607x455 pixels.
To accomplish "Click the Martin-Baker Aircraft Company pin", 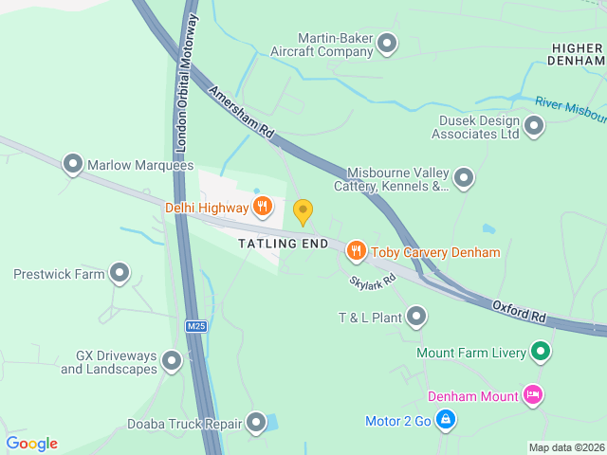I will [387, 43].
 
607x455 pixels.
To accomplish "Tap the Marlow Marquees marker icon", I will [73, 165].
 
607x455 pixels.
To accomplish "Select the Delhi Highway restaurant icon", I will [263, 206].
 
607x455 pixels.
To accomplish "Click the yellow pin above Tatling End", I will [303, 212].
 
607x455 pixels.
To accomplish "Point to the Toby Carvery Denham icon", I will [357, 251].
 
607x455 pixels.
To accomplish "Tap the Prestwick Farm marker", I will [120, 274].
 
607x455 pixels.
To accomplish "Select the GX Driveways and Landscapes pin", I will [172, 361].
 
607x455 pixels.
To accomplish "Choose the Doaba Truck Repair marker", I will [256, 423].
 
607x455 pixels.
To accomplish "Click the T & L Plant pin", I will [416, 317].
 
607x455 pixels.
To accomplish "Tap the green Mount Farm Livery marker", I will [541, 354].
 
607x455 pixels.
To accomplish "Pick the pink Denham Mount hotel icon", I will [532, 395].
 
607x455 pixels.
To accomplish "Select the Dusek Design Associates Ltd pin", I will [534, 126].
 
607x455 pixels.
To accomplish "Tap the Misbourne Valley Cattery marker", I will [464, 177].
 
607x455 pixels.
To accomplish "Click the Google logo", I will [31, 444].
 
